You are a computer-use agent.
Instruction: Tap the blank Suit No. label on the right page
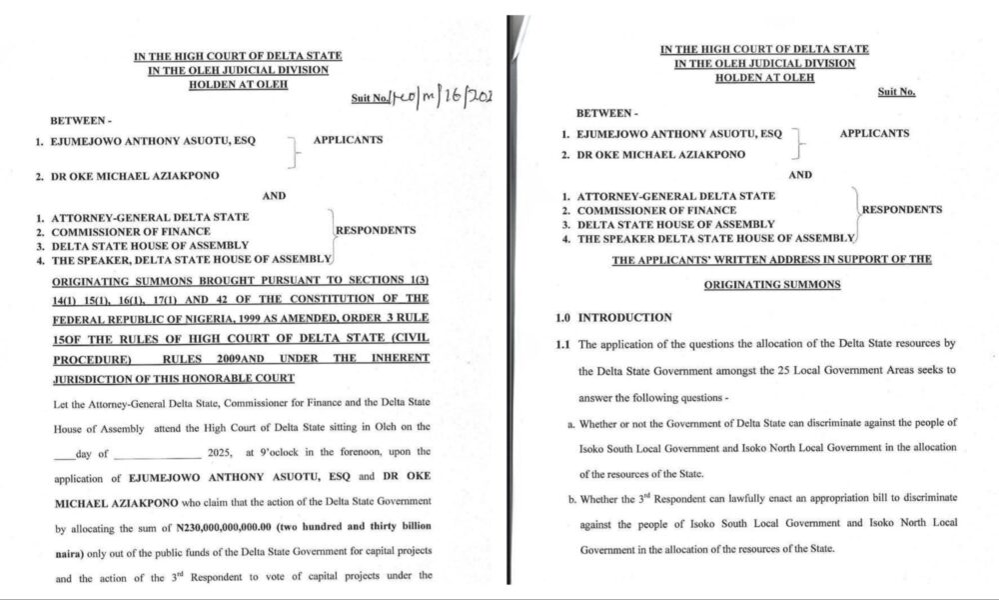pyautogui.click(x=896, y=92)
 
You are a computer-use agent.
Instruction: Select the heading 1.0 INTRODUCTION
pyautogui.click(x=613, y=318)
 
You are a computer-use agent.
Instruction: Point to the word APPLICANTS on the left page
pyautogui.click(x=348, y=140)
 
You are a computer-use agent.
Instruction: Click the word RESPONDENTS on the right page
pyautogui.click(x=901, y=210)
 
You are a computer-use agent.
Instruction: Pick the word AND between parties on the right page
pyautogui.click(x=800, y=174)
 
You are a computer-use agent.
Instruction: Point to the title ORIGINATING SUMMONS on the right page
pyautogui.click(x=772, y=285)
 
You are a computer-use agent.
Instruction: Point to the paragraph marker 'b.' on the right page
pyautogui.click(x=570, y=497)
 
